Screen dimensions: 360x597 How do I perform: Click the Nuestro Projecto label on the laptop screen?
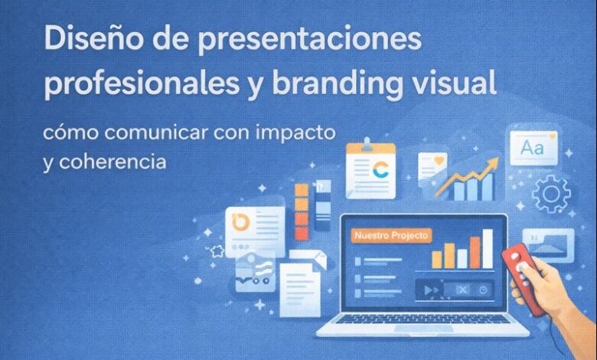390,236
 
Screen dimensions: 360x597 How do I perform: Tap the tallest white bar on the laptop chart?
488,248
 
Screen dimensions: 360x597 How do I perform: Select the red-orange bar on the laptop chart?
475,252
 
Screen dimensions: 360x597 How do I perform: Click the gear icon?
551,194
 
